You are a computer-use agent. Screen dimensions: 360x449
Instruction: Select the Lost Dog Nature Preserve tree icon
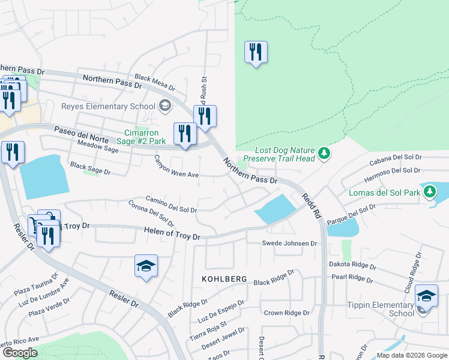[x=324, y=154]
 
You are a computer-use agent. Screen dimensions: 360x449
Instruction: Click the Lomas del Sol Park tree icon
[x=429, y=193]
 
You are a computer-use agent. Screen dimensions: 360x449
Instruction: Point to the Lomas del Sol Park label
[x=384, y=193]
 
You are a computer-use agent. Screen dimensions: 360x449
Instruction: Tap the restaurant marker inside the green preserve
[x=256, y=53]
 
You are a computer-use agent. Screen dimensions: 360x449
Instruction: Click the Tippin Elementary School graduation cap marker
[x=426, y=296]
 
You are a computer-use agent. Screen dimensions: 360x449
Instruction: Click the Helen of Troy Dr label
[x=172, y=233]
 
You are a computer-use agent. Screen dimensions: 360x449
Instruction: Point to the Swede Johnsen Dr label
[x=289, y=243]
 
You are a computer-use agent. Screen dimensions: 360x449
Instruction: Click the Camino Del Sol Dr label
[x=171, y=205]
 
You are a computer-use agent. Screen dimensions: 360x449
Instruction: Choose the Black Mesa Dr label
[x=154, y=82]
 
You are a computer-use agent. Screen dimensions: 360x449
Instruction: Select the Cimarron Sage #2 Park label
[x=145, y=137]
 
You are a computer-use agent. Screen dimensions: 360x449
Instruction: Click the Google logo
[x=20, y=353]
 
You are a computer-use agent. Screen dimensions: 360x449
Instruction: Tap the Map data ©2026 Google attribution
[x=411, y=355]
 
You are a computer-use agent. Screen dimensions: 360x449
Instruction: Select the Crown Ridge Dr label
[x=286, y=313]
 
